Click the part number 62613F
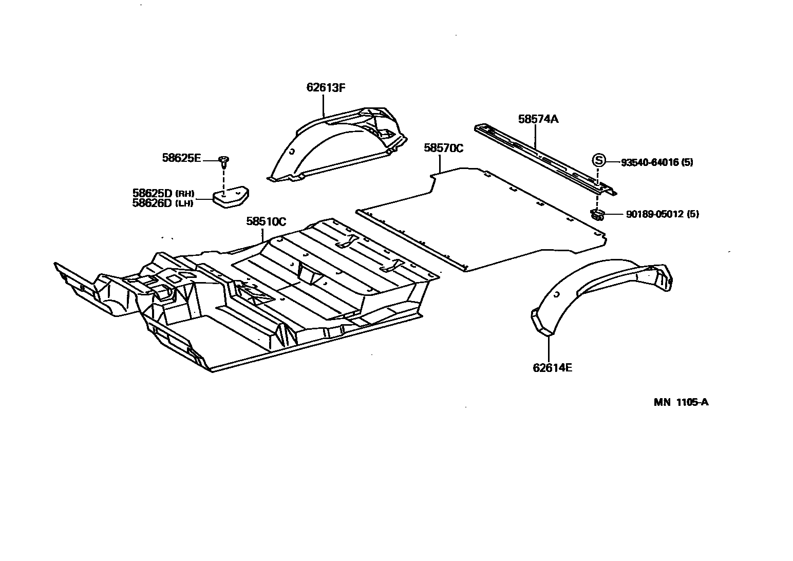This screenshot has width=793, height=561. (326, 87)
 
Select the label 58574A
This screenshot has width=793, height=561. (538, 119)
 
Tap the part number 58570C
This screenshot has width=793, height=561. (443, 148)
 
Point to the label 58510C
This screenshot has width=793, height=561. (266, 222)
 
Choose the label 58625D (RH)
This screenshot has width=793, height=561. (163, 193)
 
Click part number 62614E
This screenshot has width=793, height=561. (553, 368)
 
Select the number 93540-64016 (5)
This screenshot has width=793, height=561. (657, 162)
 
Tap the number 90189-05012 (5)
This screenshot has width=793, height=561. (662, 214)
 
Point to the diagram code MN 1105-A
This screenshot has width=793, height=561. (681, 402)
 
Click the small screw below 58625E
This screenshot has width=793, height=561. (224, 161)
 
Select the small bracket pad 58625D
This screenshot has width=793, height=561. (230, 198)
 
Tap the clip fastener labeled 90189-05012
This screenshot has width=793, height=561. (597, 214)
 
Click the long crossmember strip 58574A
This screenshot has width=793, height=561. (544, 157)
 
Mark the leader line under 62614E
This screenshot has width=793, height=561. (549, 348)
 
